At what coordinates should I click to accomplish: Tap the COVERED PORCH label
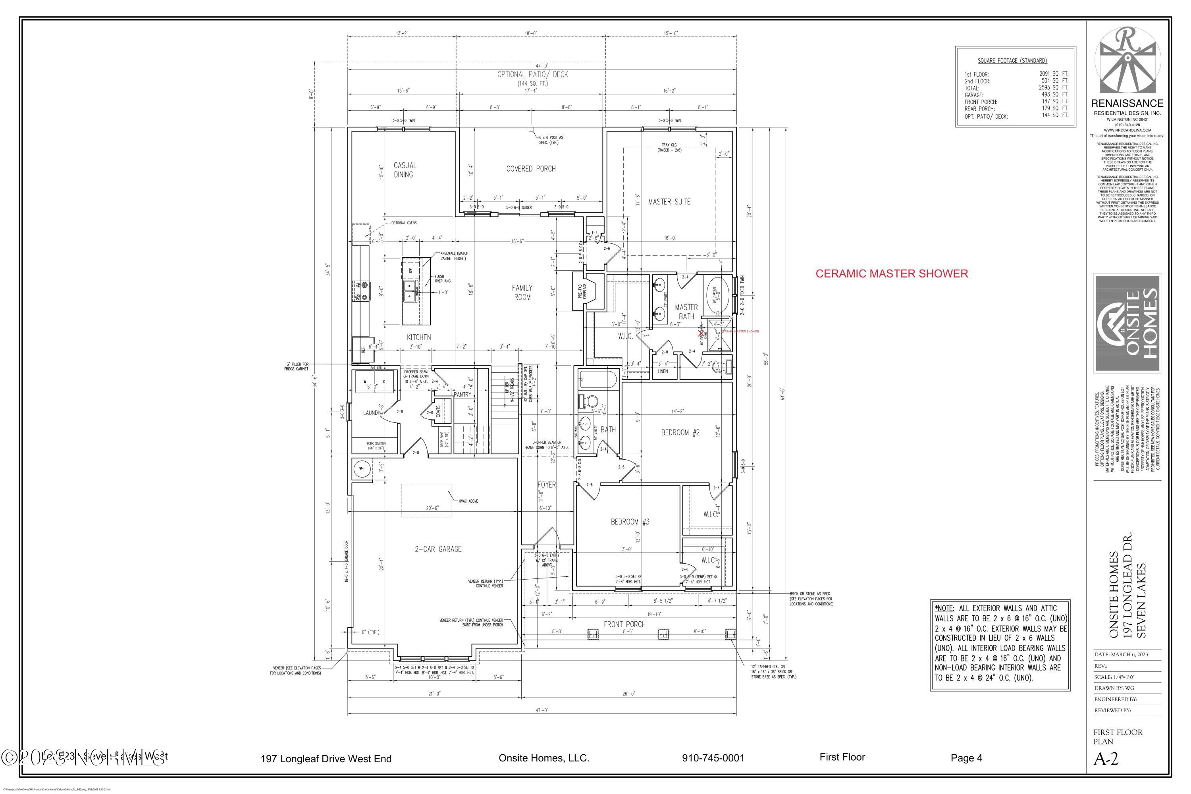(531, 169)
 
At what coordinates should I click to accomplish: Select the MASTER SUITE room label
(669, 202)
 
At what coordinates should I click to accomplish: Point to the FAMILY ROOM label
(522, 292)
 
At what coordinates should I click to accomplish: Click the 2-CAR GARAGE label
(438, 549)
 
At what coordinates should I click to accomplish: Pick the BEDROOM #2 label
(680, 432)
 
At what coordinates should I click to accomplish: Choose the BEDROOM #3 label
(630, 522)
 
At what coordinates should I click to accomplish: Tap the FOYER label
(546, 485)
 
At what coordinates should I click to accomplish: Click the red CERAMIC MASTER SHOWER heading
(891, 274)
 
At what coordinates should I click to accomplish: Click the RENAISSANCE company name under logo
(1127, 103)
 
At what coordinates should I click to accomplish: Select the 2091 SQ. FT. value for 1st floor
(1053, 74)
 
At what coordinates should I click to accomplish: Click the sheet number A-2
(1106, 759)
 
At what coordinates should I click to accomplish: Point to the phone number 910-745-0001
(713, 758)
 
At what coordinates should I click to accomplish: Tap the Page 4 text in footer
(966, 758)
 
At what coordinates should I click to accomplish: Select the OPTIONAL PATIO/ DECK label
(532, 75)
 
